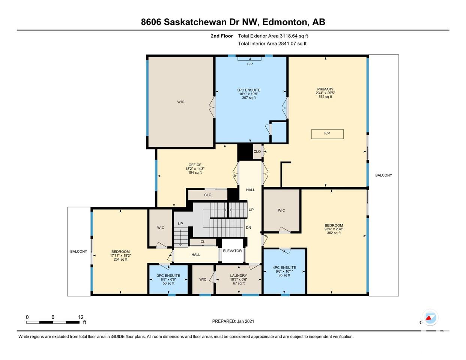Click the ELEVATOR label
(x=232, y=251)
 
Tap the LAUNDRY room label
(x=239, y=276)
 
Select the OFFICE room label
(x=195, y=165)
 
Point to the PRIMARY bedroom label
(x=325, y=89)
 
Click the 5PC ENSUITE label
(x=249, y=90)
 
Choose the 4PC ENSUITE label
(x=284, y=268)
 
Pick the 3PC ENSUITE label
(x=168, y=276)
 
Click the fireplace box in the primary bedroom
(x=327, y=134)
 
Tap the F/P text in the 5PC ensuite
(x=250, y=64)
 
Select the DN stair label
(x=248, y=228)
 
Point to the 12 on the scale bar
(x=81, y=317)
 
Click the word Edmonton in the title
(x=285, y=22)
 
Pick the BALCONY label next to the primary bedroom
(x=383, y=175)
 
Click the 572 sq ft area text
(x=325, y=97)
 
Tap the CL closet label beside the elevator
(x=203, y=242)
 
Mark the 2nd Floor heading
(x=222, y=36)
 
